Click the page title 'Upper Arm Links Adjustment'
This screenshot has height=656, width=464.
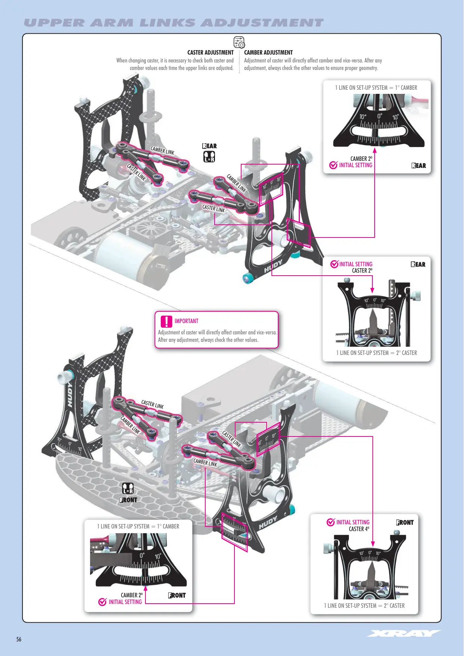pos(173,23)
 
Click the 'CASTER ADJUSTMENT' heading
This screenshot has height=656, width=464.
pos(211,53)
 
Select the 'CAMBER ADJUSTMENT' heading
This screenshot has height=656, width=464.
pos(268,53)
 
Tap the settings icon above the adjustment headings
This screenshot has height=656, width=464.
pos(239,42)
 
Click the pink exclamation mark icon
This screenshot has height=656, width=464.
pos(166,321)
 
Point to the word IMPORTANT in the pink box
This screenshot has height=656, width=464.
pos(187,321)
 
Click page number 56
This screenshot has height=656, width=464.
pos(19,639)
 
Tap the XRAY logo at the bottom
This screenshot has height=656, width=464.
pos(404,633)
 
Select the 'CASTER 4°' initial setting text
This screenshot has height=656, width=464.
pos(359,529)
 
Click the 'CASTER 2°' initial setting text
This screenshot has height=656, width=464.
pos(362,270)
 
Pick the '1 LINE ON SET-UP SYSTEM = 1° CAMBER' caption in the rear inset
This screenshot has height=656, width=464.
pos(376,88)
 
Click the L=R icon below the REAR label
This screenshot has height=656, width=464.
pos(209,156)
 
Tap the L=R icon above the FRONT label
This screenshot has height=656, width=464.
pos(128,488)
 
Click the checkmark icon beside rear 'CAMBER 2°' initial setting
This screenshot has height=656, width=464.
pos(334,165)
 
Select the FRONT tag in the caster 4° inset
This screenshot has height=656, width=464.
pos(405,522)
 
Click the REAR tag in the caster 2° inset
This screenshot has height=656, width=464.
pos(418,264)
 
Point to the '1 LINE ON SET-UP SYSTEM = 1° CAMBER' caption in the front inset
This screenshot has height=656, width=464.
pos(138,526)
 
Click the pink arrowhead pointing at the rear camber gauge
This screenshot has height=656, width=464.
pos(375,150)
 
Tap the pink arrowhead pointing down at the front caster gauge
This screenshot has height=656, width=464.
pos(373,544)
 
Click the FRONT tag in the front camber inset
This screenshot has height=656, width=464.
pos(177,595)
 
